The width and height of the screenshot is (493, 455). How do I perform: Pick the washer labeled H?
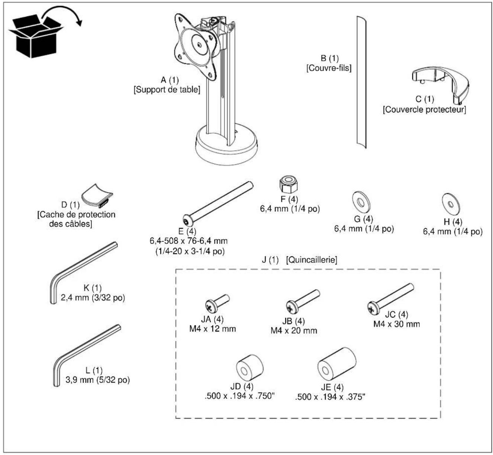[451, 205]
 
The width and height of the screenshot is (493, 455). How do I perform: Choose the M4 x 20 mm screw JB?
[303, 301]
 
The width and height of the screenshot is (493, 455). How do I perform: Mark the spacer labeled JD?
[249, 368]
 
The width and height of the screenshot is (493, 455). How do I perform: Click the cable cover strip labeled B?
[361, 82]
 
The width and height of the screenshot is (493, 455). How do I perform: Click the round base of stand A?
[226, 149]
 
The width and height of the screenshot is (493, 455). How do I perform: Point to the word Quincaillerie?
[312, 260]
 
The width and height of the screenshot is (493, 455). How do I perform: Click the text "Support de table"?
[167, 89]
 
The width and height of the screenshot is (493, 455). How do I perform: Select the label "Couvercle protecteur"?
[424, 109]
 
